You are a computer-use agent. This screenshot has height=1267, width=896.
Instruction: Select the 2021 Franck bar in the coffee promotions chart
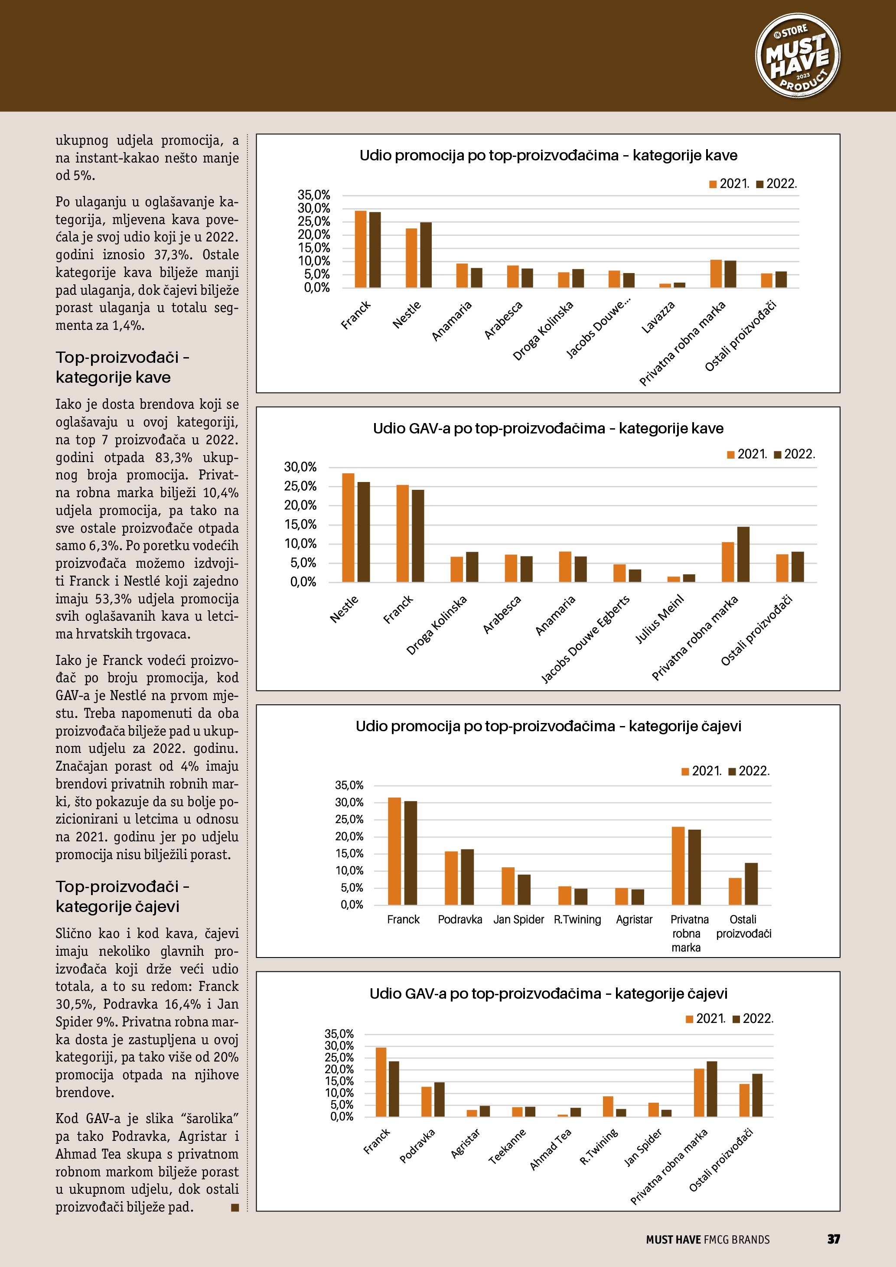[360, 249]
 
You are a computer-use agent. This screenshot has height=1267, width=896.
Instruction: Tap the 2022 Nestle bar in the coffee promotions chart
[426, 255]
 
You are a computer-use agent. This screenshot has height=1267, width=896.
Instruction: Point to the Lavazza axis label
[658, 318]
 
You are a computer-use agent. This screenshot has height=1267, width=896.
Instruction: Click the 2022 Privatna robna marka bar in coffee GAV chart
[743, 554]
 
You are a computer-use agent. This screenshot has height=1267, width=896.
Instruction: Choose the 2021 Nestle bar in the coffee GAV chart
[348, 528]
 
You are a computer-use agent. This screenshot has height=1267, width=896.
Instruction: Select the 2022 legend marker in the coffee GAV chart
[778, 455]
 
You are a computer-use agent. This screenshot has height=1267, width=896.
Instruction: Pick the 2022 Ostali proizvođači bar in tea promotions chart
[751, 883]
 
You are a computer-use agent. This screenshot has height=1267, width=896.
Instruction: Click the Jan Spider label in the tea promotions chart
[518, 919]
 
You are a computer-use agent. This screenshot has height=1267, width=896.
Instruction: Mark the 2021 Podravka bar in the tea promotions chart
[451, 878]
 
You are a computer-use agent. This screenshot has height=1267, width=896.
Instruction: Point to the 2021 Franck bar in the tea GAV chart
[381, 1081]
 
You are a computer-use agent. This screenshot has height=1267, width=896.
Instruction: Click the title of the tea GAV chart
[548, 994]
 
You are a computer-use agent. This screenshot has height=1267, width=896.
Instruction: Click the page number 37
[833, 1239]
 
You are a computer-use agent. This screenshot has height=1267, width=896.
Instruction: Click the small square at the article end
[235, 1208]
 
